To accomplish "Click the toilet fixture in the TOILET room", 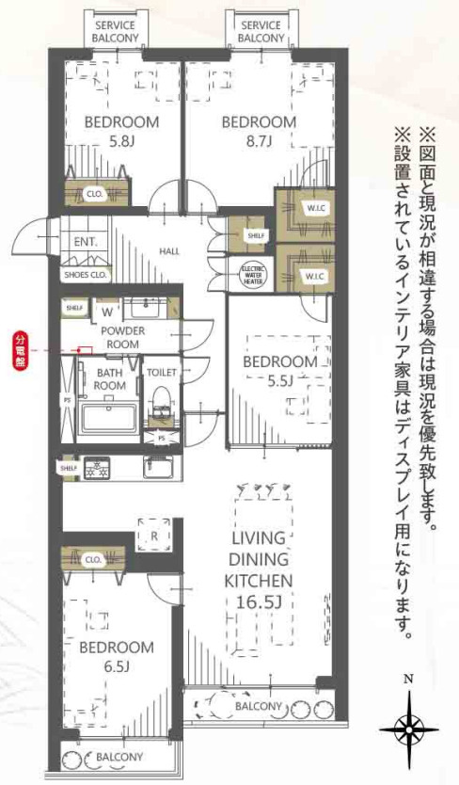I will point(163,397).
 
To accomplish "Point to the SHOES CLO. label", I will point(87,276).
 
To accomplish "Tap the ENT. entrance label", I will point(86,241).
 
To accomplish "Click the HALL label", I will point(169,251).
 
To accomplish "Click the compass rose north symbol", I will point(408,727).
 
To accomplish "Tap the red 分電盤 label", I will point(20,349).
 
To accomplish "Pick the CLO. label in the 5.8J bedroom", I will point(94,195).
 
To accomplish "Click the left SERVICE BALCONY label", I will point(115,31).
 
